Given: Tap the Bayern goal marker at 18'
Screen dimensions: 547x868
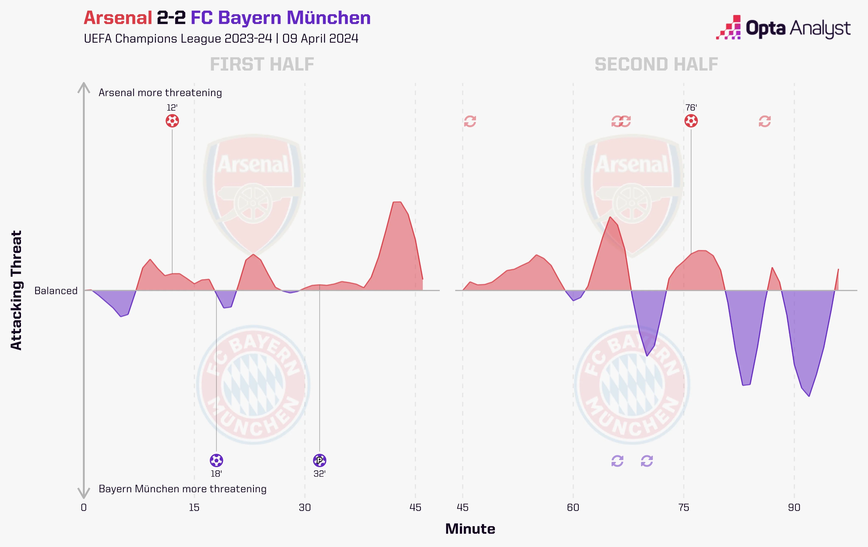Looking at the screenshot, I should pyautogui.click(x=216, y=460).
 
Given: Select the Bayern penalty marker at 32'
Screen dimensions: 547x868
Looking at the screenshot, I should pyautogui.click(x=319, y=460).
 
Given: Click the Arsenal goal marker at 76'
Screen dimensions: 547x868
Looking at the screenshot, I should pyautogui.click(x=691, y=121).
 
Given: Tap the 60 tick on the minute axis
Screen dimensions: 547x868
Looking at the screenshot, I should pyautogui.click(x=573, y=508).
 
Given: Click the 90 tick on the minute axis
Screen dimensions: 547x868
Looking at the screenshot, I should pyautogui.click(x=794, y=508).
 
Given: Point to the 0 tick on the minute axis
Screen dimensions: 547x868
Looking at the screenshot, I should pyautogui.click(x=84, y=508).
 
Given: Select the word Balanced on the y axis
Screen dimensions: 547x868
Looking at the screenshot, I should pyautogui.click(x=56, y=291).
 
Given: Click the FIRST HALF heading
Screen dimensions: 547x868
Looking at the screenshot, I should pyautogui.click(x=262, y=65).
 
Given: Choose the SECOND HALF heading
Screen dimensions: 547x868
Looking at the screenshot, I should pyautogui.click(x=657, y=65).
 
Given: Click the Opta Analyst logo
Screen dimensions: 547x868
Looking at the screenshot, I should pyautogui.click(x=783, y=28).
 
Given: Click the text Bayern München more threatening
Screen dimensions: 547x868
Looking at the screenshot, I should pyautogui.click(x=182, y=489).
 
